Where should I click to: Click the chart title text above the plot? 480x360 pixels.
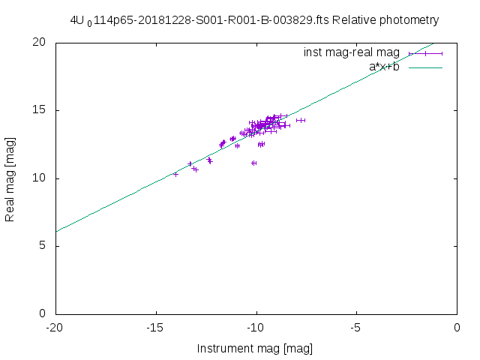(254, 20)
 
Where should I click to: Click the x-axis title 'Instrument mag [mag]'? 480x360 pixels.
(255, 349)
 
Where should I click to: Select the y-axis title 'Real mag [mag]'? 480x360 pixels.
(10, 178)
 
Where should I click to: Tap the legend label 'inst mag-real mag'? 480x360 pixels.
(352, 53)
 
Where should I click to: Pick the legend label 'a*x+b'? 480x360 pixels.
(384, 67)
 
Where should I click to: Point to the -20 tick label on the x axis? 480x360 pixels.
(55, 328)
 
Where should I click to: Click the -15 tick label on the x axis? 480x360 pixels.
(156, 328)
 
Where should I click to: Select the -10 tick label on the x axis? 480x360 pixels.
(256, 328)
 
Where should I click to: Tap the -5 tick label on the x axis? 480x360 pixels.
(357, 328)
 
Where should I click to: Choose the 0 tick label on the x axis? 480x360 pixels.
(457, 328)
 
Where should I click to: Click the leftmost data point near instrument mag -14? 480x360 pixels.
(175, 174)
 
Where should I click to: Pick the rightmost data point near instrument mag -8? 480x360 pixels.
(300, 120)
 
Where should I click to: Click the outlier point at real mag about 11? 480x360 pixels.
(254, 163)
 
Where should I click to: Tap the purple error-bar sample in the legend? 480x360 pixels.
(426, 53)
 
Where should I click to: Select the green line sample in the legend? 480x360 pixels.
(426, 67)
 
